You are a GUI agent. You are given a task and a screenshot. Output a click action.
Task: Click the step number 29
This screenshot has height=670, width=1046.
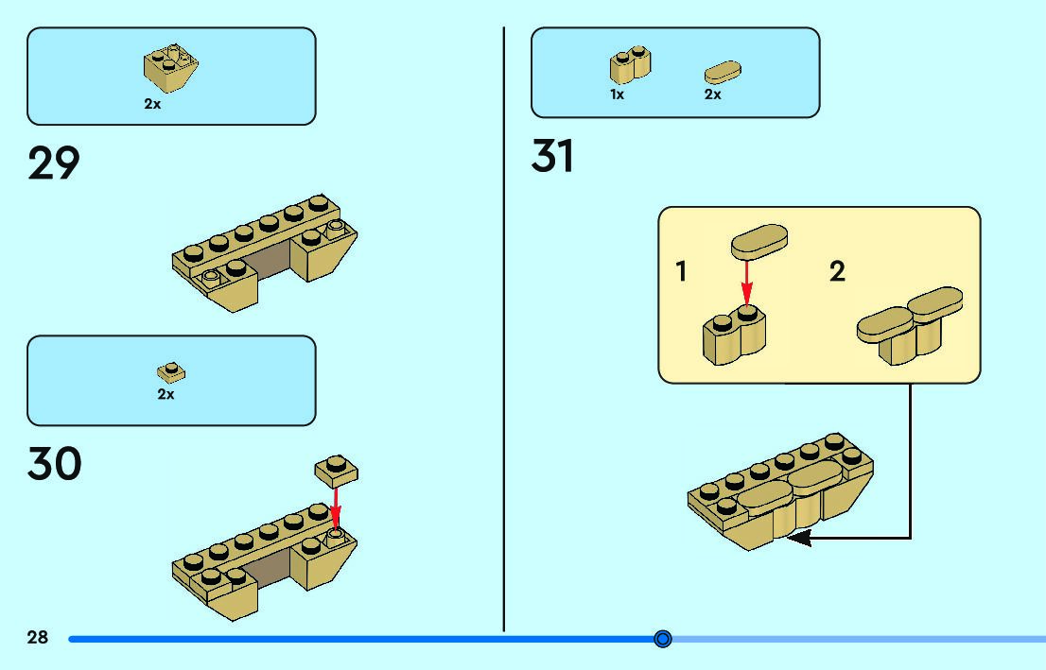click(x=54, y=163)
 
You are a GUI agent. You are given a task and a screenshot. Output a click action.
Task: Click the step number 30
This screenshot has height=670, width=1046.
click(x=55, y=464)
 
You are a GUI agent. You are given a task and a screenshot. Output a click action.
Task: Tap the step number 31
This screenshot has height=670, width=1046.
click(x=552, y=156)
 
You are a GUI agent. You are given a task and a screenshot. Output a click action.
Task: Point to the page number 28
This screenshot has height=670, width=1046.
click(x=37, y=638)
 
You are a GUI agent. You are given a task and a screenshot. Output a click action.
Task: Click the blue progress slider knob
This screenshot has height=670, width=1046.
click(x=663, y=639)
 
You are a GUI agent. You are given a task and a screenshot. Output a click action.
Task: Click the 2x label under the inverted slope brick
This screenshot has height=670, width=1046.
click(x=152, y=105)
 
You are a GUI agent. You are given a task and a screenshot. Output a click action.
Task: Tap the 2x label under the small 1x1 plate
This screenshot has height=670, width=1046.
click(x=166, y=395)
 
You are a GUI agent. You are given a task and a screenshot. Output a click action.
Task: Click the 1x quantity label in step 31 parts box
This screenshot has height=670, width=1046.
click(x=617, y=94)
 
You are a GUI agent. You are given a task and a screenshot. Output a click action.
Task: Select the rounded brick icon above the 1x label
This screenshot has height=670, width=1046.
click(x=629, y=65)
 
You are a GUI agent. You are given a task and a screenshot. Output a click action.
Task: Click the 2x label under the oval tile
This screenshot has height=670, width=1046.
click(x=713, y=94)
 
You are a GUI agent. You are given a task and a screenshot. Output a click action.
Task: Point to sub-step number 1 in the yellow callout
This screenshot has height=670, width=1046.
click(x=681, y=272)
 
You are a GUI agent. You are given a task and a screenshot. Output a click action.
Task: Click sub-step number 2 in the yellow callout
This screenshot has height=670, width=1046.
click(x=837, y=272)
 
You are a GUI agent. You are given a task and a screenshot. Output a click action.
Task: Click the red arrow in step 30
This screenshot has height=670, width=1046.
click(x=335, y=506)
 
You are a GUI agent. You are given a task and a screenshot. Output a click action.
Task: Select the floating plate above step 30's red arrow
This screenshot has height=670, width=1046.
click(x=336, y=469)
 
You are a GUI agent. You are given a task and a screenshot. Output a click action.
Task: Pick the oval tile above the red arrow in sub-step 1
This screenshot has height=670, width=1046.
click(x=759, y=240)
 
